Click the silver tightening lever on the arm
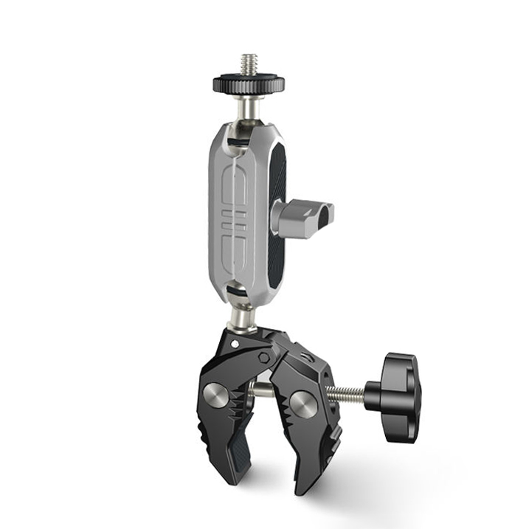pyautogui.click(x=304, y=217)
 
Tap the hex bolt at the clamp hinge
pyautogui.click(x=265, y=355)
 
